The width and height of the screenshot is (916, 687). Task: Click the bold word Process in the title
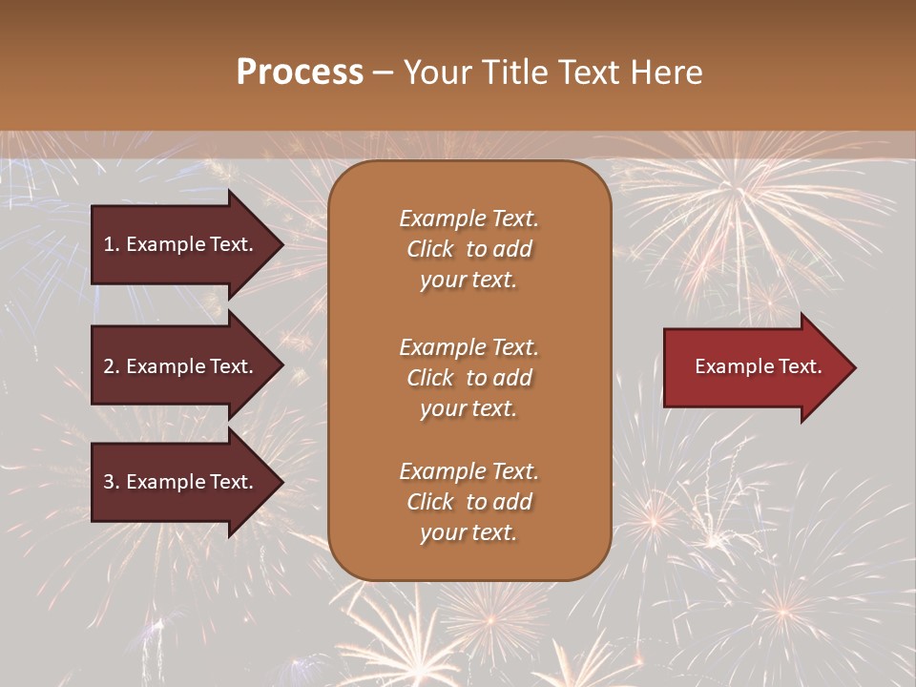[300, 73]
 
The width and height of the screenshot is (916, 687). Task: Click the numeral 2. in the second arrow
[112, 366]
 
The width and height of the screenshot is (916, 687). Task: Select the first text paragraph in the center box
[468, 249]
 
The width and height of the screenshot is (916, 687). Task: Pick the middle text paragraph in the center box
[468, 378]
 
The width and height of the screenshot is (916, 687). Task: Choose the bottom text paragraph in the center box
[468, 502]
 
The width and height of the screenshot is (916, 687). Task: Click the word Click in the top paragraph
[430, 249]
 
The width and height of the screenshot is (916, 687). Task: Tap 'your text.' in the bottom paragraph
[468, 532]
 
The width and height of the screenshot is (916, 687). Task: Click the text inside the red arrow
[758, 366]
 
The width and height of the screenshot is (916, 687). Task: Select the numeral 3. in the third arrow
[112, 482]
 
